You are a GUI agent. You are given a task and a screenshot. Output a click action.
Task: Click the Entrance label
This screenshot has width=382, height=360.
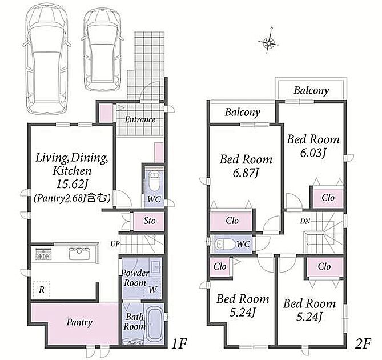[140, 120]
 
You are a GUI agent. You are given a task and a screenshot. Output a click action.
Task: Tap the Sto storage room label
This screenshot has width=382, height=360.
[150, 221]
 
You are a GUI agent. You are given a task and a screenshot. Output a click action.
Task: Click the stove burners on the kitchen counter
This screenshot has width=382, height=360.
[43, 254]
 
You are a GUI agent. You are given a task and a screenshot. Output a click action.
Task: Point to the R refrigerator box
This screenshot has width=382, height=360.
[42, 290]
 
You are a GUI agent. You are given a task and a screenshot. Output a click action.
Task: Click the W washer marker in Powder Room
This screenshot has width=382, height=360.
[153, 290]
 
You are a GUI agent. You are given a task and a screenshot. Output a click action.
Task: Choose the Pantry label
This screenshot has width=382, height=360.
[79, 323]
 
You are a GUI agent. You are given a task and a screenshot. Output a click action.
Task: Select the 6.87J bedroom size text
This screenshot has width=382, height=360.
[245, 173]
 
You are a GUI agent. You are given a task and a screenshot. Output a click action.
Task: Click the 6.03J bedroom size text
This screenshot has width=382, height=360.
[313, 153]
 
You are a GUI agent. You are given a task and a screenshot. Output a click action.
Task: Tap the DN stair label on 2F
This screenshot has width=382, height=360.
[305, 221]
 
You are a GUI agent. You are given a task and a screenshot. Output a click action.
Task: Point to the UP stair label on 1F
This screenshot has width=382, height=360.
[115, 243]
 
